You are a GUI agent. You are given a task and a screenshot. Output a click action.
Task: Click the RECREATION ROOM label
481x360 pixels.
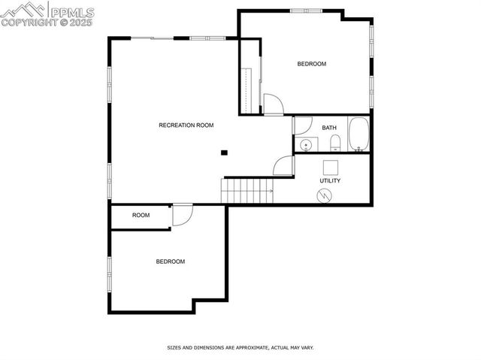point(186,125)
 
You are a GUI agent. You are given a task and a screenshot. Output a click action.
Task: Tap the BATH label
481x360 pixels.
point(329,128)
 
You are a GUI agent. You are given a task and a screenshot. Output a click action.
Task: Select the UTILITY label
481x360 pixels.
point(330,180)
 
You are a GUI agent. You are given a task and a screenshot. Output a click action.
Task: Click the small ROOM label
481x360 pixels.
point(141,216)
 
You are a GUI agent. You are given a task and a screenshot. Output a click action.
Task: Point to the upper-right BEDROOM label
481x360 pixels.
point(312,64)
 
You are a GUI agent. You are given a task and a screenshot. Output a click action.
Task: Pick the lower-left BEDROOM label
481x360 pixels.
point(171,262)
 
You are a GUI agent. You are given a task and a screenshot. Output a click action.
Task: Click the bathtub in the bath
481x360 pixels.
point(358,135)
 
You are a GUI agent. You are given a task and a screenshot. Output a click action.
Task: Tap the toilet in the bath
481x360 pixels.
point(335,143)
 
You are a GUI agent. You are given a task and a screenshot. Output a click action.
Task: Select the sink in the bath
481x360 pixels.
point(306,144)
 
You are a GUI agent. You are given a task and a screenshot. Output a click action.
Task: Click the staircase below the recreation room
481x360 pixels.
point(246,191)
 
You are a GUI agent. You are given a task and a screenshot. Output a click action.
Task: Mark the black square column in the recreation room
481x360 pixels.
point(224,153)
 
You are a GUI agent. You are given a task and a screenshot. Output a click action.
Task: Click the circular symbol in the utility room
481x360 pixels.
point(324,195)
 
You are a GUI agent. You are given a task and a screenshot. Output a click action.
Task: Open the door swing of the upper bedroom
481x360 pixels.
point(272,104)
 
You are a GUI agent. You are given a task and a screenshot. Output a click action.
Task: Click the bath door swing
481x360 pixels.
point(302,126)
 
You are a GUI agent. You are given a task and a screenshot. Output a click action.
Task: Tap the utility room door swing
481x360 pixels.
point(283,166)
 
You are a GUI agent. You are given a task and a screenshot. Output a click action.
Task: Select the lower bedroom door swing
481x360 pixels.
point(182,215)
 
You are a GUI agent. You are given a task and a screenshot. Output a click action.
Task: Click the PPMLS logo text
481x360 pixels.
point(71,12)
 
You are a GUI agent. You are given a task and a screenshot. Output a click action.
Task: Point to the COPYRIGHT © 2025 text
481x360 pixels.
point(47,23)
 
